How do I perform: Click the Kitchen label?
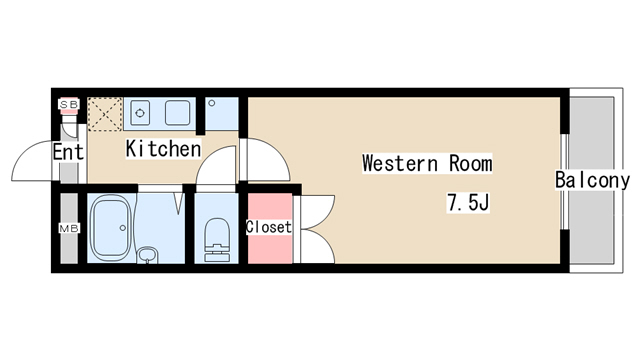pos(164,149)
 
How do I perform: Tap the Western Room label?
pos(427,162)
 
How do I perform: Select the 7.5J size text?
pos(466,203)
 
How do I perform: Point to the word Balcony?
pos(593,181)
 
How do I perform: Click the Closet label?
pos(268,227)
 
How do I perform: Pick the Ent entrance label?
pos(68,153)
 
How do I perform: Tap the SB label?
pos(69,104)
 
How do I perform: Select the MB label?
pos(69,230)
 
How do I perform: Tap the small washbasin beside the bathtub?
pos(147,255)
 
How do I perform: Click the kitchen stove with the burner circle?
pos(139,109)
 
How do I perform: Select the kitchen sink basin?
pos(179,110)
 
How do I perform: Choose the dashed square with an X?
pos(104,114)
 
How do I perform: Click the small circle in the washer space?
pos(212,103)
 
